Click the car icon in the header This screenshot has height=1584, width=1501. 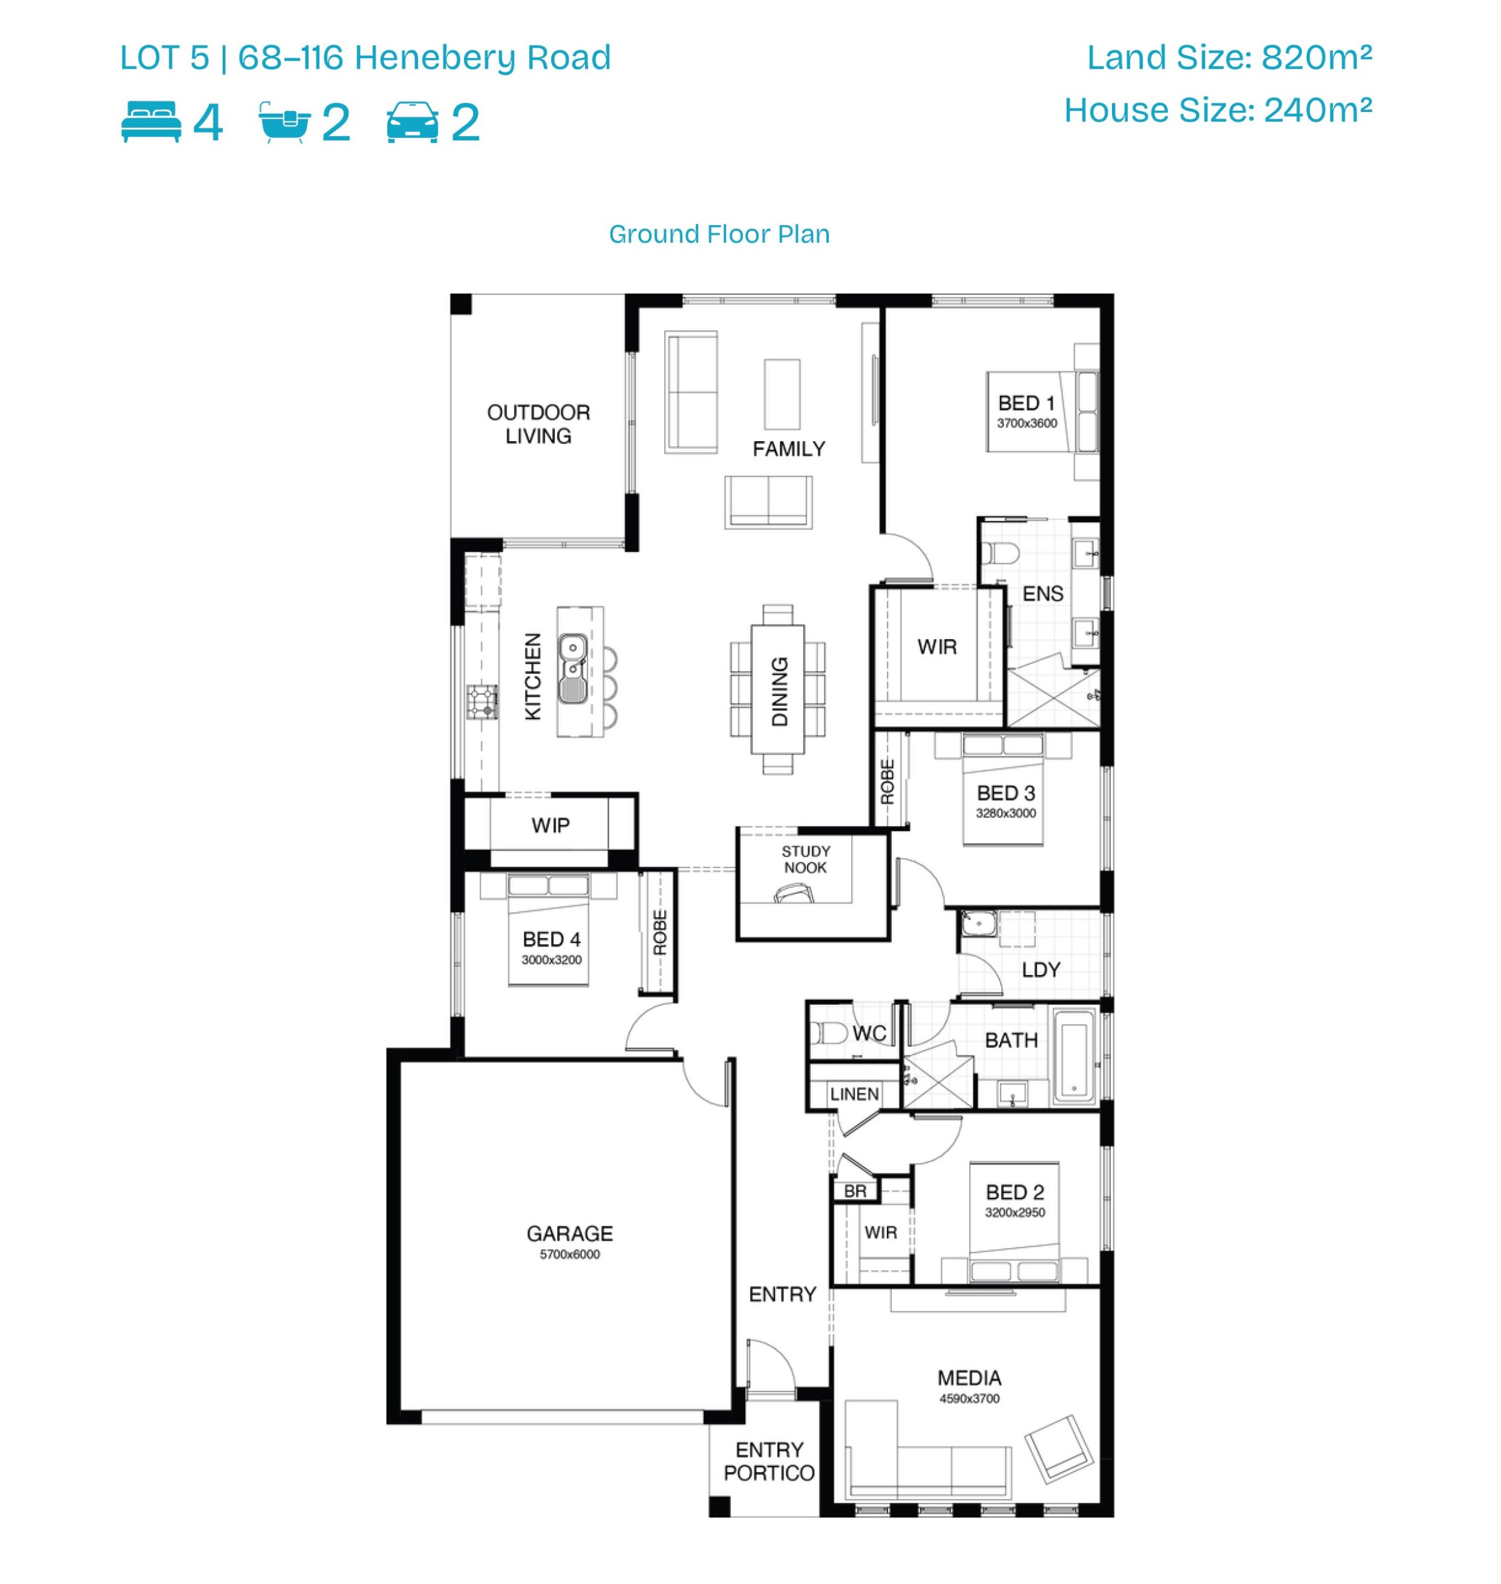(412, 123)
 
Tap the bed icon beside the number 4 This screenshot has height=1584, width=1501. (152, 122)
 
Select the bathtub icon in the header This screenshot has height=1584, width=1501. (284, 123)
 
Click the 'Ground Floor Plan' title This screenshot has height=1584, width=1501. (719, 234)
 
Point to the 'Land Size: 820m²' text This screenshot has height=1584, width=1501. (1229, 57)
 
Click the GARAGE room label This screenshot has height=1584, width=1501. (570, 1233)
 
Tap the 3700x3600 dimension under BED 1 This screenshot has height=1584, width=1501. (1027, 423)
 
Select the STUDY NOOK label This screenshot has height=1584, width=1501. (806, 859)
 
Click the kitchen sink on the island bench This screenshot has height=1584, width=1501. (572, 669)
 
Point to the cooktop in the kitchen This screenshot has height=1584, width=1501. (482, 702)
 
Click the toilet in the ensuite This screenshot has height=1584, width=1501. (1000, 553)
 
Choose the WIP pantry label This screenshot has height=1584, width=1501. (550, 825)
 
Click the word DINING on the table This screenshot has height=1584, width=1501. (779, 692)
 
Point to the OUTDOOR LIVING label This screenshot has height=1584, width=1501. (539, 424)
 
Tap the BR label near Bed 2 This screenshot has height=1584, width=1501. (855, 1191)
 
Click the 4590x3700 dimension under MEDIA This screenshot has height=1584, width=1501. (969, 1398)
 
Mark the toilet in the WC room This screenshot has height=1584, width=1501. (828, 1033)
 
